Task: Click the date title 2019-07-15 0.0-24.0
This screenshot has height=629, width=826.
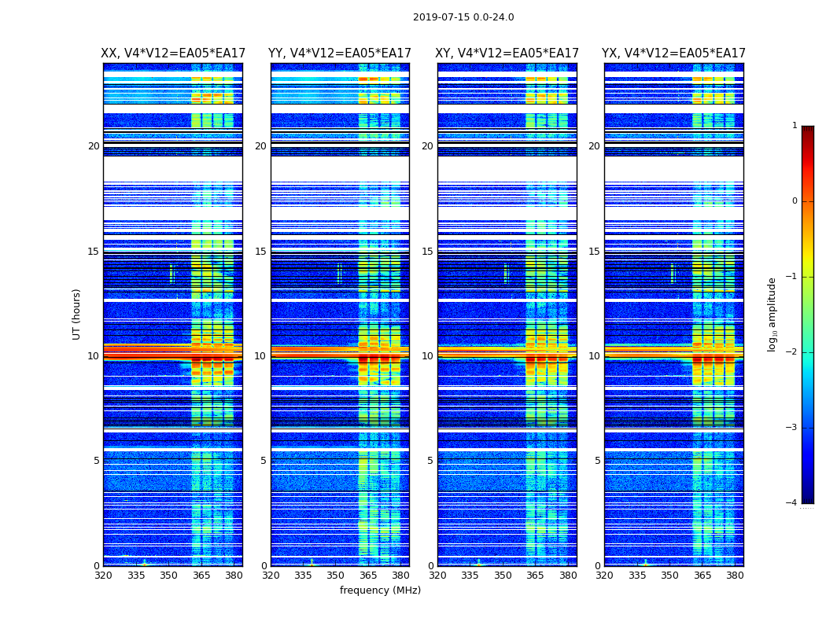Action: coord(463,17)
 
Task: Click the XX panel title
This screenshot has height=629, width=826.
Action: coord(172,53)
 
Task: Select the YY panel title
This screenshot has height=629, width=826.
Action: coord(340,53)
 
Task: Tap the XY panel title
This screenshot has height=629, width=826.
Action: coord(507,53)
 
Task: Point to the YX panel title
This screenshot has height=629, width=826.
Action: coord(673,53)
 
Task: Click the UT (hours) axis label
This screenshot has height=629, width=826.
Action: coord(76,314)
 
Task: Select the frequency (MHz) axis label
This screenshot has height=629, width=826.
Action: coord(380,590)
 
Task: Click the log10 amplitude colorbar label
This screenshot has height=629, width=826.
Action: coord(773,314)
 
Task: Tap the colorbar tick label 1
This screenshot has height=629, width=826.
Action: coord(794,126)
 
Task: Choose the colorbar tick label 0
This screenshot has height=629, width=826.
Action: coord(794,201)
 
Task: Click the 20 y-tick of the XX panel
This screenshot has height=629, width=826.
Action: coord(94,146)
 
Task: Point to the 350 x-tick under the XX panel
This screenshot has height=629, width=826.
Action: coord(168,576)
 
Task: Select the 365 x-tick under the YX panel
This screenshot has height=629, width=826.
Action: coord(702,576)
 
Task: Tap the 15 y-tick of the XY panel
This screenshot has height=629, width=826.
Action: coord(427,252)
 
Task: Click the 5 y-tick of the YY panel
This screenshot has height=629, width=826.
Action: coord(264,461)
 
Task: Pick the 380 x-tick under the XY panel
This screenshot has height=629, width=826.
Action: coord(568,576)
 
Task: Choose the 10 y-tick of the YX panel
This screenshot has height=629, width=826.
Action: coord(594,356)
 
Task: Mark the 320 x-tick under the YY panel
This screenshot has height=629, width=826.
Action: coord(271,576)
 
